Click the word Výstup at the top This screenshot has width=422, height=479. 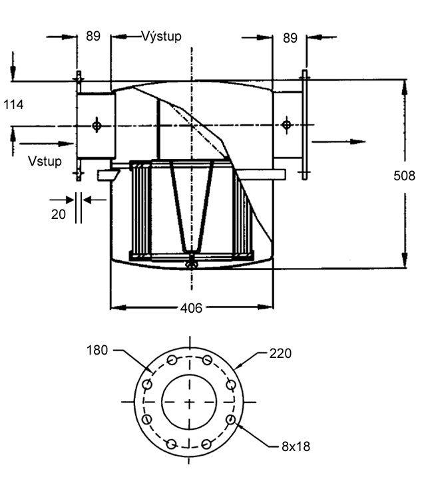pyautogui.click(x=161, y=36)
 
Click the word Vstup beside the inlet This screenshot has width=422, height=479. pyautogui.click(x=45, y=161)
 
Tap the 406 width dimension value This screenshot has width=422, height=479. pyautogui.click(x=190, y=307)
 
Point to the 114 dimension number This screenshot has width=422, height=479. pyautogui.click(x=14, y=104)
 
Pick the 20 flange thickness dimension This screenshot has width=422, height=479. pyautogui.click(x=59, y=214)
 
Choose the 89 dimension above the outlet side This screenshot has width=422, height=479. pyautogui.click(x=290, y=38)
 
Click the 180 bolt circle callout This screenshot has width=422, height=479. pyautogui.click(x=98, y=350)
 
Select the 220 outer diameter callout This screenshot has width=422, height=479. pyautogui.click(x=280, y=353)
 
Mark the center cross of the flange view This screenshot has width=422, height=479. pyautogui.click(x=190, y=402)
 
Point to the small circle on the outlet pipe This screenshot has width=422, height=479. pyautogui.click(x=286, y=124)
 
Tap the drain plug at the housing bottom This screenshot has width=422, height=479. pyautogui.click(x=191, y=263)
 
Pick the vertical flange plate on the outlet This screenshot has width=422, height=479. pyautogui.click(x=305, y=124)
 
